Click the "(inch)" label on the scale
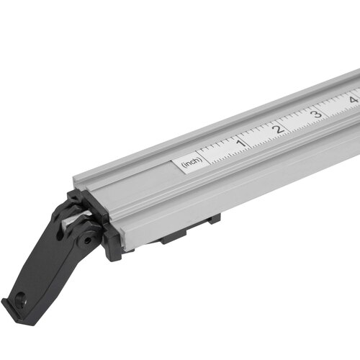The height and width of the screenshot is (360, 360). click(x=191, y=163)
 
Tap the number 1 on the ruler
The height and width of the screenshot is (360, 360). click(x=240, y=144)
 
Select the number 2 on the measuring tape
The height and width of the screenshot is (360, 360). click(x=276, y=129)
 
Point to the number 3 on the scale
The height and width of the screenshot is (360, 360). click(x=315, y=114)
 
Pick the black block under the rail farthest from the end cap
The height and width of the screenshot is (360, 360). click(x=212, y=220)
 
